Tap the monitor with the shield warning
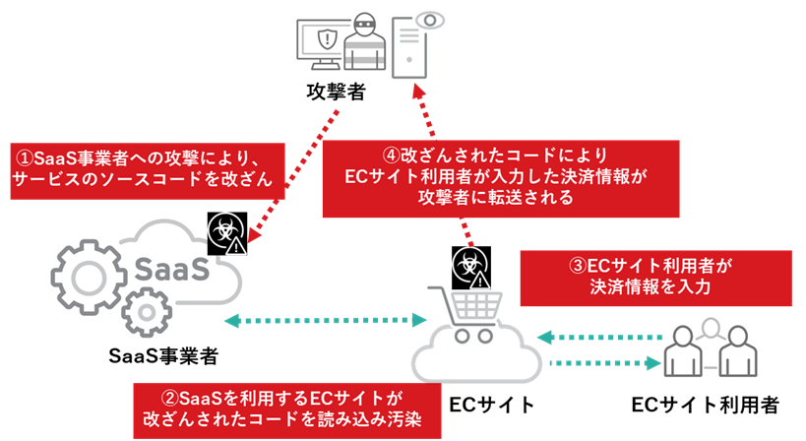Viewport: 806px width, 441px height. (x=325, y=44)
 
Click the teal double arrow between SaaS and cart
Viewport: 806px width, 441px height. (x=324, y=321)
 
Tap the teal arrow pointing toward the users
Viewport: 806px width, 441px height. (x=600, y=363)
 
